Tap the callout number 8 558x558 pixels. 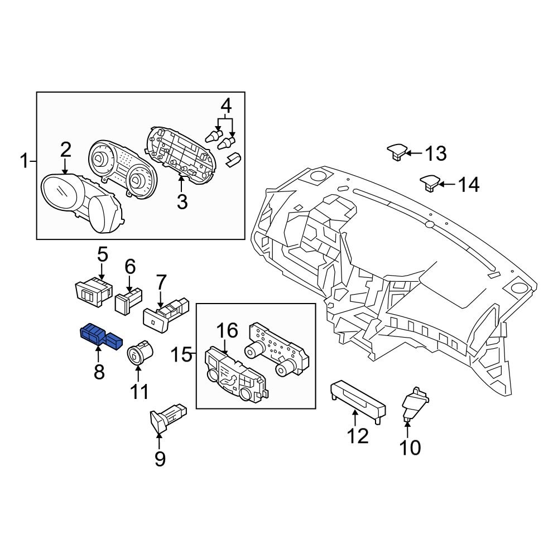(99, 372)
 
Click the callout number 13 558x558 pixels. (436, 153)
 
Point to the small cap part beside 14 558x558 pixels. (429, 182)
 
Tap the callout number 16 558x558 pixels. (227, 331)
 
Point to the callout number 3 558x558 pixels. (182, 201)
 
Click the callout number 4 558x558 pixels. (225, 105)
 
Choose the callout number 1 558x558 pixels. (23, 162)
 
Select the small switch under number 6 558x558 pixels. (128, 300)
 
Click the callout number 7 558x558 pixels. (161, 282)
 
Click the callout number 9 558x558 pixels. (160, 459)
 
